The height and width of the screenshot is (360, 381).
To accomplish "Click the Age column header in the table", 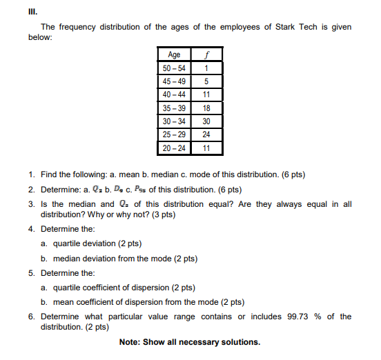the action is tap(173, 54).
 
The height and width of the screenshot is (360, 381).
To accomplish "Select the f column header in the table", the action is tap(206, 54).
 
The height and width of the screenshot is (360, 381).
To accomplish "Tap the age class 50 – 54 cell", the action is tap(173, 68).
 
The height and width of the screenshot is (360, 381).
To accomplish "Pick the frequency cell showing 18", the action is tap(206, 108).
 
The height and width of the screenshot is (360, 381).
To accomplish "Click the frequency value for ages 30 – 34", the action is tap(206, 121).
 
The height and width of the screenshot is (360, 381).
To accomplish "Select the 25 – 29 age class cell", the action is tap(173, 134).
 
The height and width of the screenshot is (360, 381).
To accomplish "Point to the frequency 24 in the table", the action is tap(206, 134).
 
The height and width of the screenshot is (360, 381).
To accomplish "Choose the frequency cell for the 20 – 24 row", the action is tap(206, 148).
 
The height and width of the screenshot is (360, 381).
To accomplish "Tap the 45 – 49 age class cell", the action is tap(173, 81).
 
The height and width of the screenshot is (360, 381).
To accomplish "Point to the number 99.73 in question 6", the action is tap(300, 317).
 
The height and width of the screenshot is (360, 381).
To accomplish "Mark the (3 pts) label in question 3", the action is tap(163, 214).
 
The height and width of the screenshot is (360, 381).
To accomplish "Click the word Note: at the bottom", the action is tap(132, 343).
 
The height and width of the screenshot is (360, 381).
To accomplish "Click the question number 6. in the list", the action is tap(32, 317).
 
